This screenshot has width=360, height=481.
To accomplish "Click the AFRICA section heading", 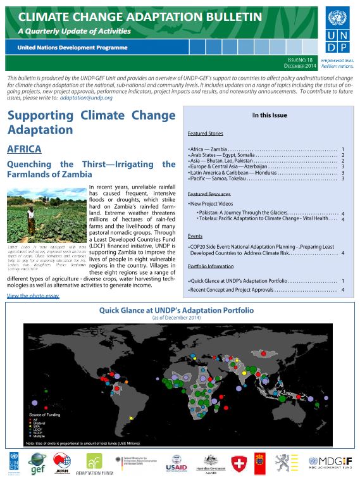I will (x=24, y=149).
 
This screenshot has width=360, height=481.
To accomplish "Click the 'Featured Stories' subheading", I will (x=206, y=134).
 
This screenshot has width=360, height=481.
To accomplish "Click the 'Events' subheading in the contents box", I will (x=196, y=235).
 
